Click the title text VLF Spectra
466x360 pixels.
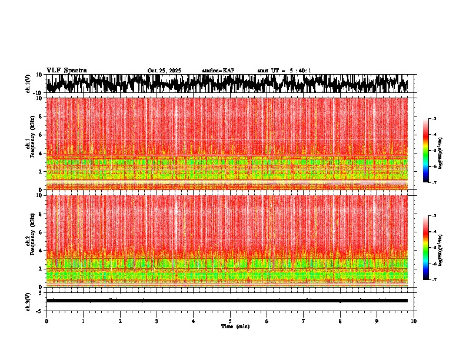point(66,70)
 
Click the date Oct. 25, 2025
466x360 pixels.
point(164,71)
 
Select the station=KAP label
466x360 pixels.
point(218,71)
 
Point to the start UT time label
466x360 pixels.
point(284,71)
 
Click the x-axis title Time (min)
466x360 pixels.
point(235,326)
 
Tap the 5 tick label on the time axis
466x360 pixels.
point(230,321)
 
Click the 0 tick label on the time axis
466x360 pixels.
point(46,321)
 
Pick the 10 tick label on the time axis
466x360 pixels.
point(414,321)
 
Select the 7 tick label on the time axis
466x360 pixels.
point(304,321)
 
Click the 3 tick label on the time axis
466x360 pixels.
point(157,321)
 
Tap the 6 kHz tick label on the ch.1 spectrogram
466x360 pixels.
point(41,135)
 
